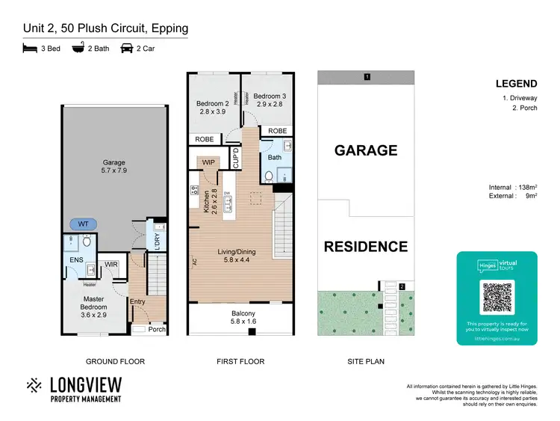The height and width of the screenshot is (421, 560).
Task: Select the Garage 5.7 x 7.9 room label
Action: click(x=113, y=167)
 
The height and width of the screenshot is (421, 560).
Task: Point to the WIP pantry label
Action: click(x=207, y=162)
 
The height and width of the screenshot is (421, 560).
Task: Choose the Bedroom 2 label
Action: click(x=212, y=108)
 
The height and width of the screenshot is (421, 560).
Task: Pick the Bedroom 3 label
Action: click(x=268, y=100)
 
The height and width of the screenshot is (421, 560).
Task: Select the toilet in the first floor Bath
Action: click(x=270, y=176)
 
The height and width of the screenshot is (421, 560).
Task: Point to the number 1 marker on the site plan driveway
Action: click(x=366, y=77)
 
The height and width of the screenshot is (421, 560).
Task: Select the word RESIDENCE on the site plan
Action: click(x=365, y=247)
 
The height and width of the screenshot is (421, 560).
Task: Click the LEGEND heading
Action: click(x=516, y=84)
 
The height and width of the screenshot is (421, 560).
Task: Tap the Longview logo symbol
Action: click(x=34, y=387)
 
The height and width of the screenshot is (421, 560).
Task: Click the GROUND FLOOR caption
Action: click(x=115, y=361)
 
